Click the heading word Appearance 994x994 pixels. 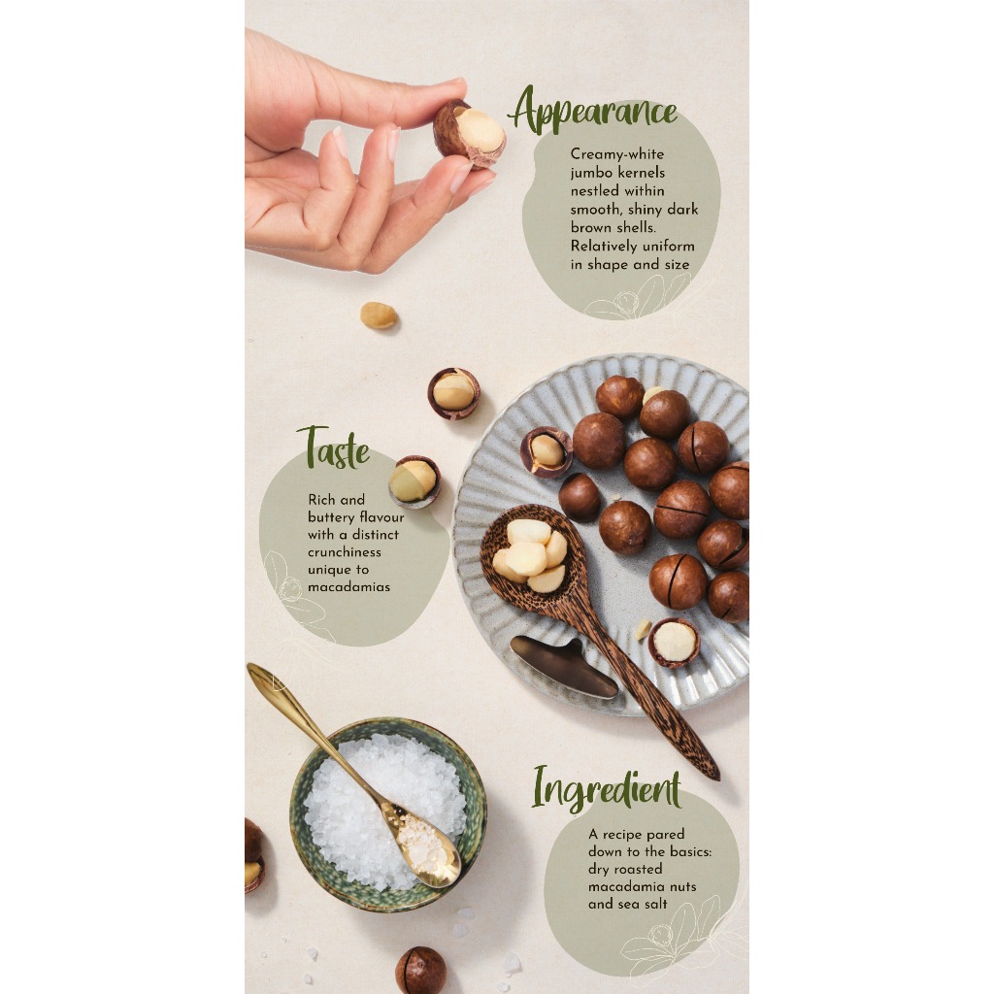pyautogui.click(x=593, y=112)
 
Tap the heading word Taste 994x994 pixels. pyautogui.click(x=334, y=448)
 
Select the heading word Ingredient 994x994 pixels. pyautogui.click(x=607, y=788)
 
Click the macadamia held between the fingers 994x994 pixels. pyautogui.click(x=469, y=134)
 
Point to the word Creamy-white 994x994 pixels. pyautogui.click(x=616, y=154)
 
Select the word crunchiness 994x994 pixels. pyautogui.click(x=345, y=552)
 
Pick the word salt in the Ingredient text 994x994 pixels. pyautogui.click(x=655, y=904)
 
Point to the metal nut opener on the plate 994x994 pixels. pyautogui.click(x=563, y=666)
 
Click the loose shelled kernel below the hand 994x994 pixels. pyautogui.click(x=379, y=315)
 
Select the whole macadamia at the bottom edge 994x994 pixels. pyautogui.click(x=421, y=970)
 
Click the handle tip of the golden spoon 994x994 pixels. pyautogui.click(x=252, y=669)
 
